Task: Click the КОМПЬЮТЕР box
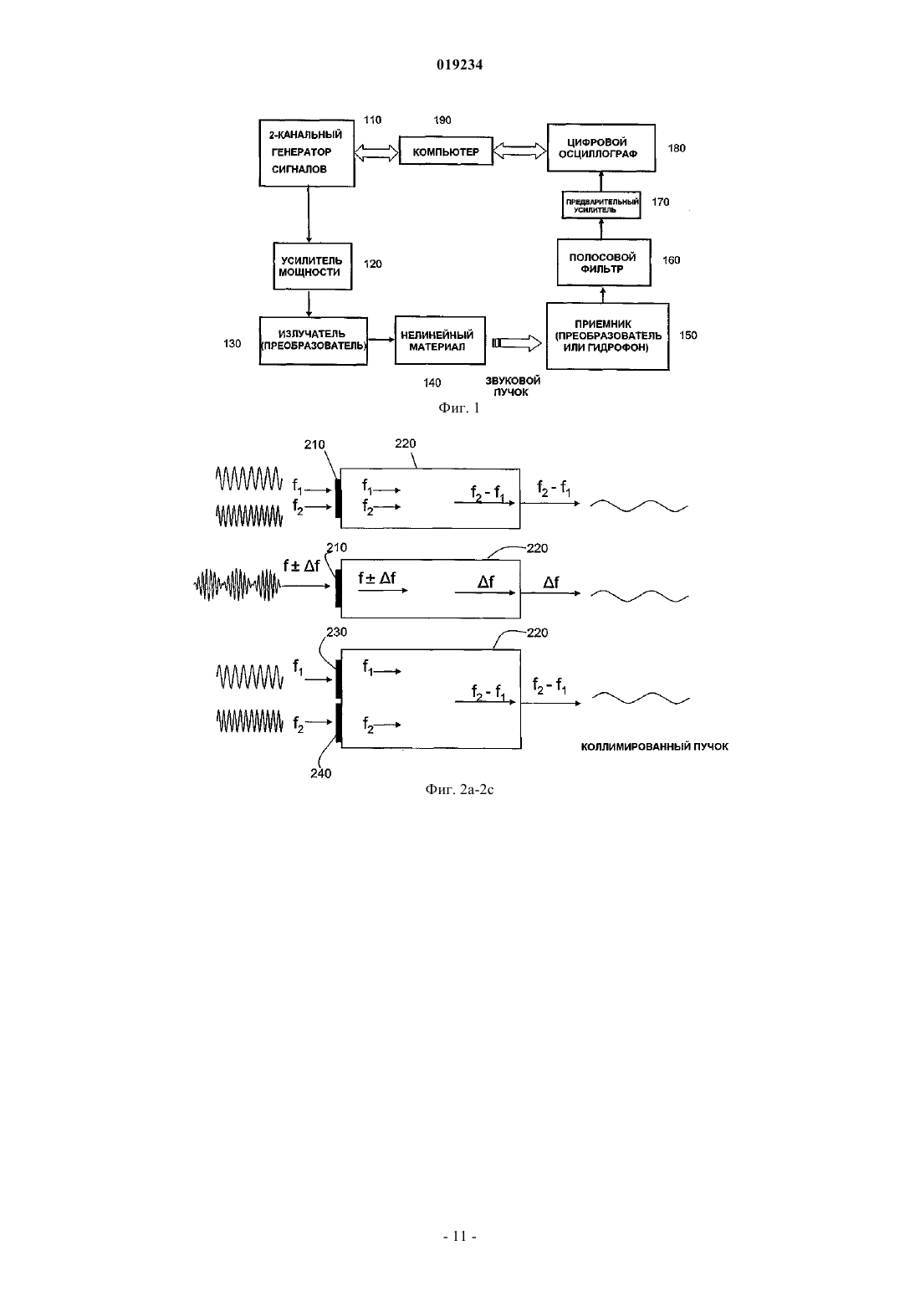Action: click(446, 151)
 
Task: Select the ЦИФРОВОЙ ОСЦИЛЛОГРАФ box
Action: click(601, 147)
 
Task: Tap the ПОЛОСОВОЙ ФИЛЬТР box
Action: click(604, 262)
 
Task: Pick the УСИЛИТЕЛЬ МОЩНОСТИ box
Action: click(313, 266)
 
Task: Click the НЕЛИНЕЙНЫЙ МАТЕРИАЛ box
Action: click(440, 341)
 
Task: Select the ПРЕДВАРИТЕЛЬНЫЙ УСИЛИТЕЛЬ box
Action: click(601, 205)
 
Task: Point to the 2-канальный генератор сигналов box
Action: click(307, 153)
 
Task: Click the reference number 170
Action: click(661, 202)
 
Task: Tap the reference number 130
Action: click(233, 344)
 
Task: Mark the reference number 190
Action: click(442, 120)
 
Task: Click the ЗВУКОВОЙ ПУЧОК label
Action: click(512, 386)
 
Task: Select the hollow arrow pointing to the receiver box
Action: click(517, 343)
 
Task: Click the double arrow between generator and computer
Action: click(376, 152)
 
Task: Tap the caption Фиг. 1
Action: click(459, 408)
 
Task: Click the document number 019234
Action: click(459, 64)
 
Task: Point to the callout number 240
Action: click(320, 773)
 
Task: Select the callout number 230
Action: click(336, 632)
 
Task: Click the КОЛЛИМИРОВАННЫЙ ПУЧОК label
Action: click(655, 746)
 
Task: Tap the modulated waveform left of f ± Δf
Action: click(237, 585)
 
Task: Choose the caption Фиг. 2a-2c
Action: click(459, 789)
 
